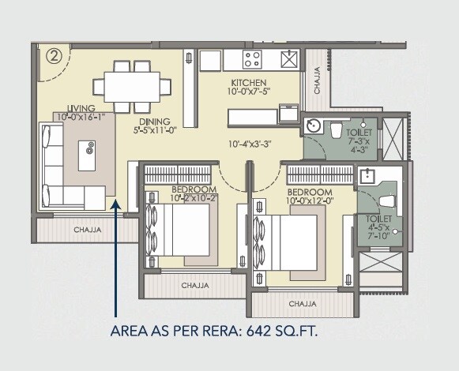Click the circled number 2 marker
tap(55, 56)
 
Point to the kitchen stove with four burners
tap(253, 58)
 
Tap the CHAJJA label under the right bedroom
tap(302, 303)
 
